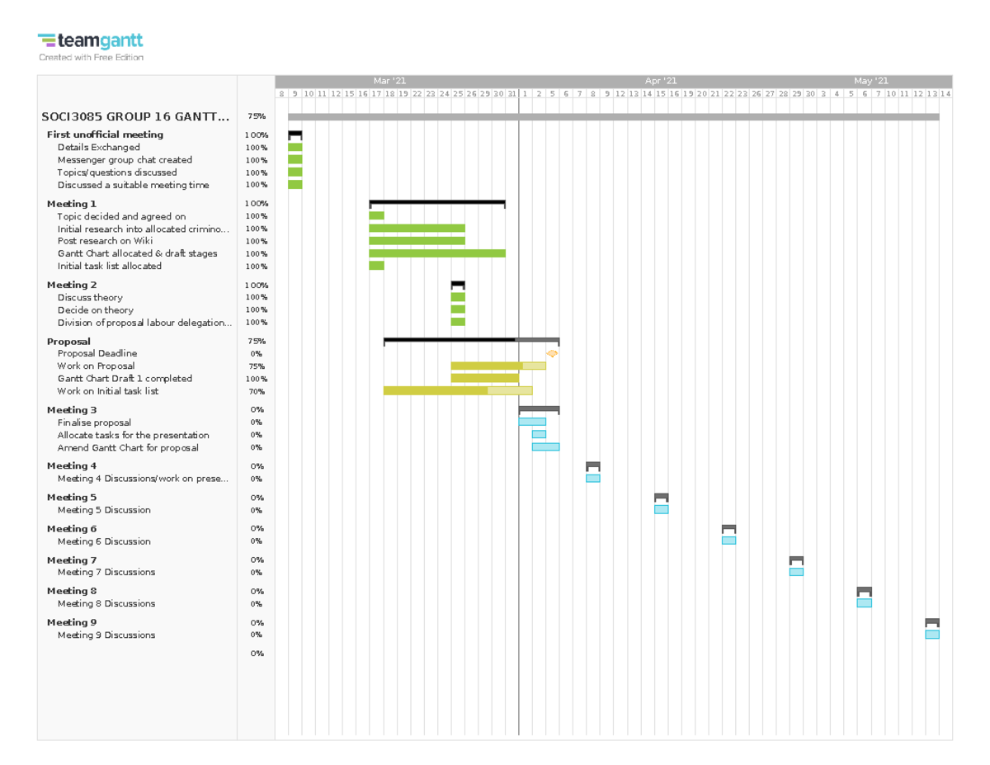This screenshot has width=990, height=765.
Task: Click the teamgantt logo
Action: [90, 40]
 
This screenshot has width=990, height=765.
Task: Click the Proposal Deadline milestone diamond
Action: [552, 353]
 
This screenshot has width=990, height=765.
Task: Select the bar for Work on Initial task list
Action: [457, 391]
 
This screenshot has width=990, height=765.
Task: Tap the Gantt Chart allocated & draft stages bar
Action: [436, 253]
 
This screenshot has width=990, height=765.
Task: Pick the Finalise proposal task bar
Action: [531, 422]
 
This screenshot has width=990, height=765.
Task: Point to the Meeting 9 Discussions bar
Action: [931, 635]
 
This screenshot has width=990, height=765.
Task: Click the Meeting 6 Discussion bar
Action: [728, 541]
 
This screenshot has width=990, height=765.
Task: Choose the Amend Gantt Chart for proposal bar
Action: [544, 447]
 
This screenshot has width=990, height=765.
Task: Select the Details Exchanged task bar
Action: [295, 147]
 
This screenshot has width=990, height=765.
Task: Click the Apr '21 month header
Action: [660, 81]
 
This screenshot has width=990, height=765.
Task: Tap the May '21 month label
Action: [870, 81]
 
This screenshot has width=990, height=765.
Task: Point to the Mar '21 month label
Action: [389, 81]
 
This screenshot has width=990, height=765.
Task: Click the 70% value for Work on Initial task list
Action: [256, 392]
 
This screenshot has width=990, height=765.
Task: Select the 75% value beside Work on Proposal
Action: [256, 366]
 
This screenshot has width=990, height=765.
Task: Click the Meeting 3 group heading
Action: [72, 410]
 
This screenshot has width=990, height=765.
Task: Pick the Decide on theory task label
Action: [95, 310]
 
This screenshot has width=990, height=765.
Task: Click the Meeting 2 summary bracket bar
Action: [457, 284]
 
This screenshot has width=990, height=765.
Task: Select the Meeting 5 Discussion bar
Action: [661, 509]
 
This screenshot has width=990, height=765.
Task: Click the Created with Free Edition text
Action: [91, 58]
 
